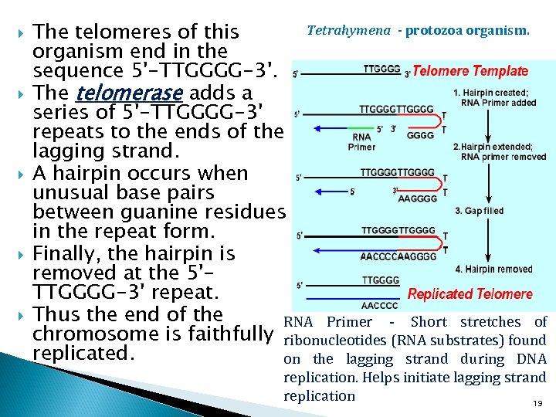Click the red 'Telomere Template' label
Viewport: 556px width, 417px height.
coord(471,71)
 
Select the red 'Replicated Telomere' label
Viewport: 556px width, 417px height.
coord(470,294)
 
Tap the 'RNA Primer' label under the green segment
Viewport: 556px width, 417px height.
coord(361,141)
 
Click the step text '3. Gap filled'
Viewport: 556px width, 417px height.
coord(480,211)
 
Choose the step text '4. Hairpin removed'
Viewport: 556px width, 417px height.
coord(493,270)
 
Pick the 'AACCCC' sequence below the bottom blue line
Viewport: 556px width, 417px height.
coord(380,306)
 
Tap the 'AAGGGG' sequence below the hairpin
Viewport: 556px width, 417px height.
coord(417,198)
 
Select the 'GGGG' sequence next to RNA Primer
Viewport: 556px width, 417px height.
coord(420,135)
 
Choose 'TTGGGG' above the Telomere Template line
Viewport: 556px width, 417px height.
coord(381,68)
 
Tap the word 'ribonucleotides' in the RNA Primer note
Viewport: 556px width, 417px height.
coord(327,341)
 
